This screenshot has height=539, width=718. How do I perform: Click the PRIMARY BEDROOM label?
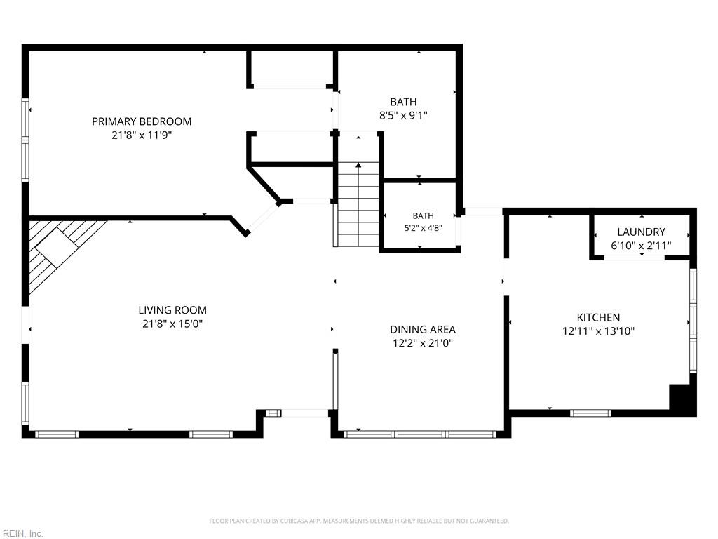point(142,121)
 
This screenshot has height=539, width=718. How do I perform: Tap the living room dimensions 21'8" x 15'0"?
point(172,324)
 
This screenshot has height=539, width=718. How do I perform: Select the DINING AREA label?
point(423,330)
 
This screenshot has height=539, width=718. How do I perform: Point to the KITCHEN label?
point(598,317)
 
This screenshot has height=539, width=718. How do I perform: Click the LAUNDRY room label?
point(641,232)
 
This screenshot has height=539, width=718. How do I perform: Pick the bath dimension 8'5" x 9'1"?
point(403,115)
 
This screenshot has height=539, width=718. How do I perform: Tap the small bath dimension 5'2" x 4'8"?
point(423,228)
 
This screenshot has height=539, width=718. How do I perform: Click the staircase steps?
point(358,205)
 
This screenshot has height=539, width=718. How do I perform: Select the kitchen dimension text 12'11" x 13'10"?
point(598,331)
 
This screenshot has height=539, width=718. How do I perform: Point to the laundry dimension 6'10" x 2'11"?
point(641,246)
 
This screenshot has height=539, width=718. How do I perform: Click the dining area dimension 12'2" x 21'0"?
point(423,343)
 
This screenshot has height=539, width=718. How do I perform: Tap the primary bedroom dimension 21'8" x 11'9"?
point(142,135)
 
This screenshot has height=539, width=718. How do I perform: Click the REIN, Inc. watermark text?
point(22,533)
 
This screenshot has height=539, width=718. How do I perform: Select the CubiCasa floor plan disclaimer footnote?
point(359,521)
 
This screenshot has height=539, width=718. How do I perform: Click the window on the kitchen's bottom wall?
point(590,413)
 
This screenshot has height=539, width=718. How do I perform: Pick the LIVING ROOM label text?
point(172,310)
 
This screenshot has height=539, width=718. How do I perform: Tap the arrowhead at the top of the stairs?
point(358,165)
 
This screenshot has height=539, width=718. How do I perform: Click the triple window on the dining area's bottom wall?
point(419,434)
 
